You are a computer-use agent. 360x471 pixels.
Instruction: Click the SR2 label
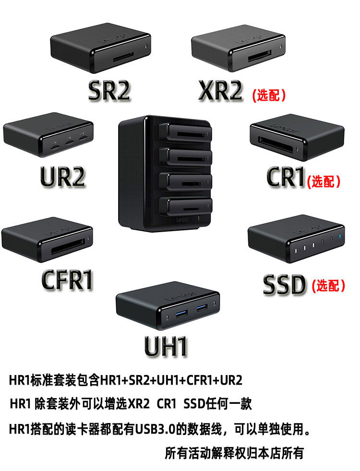(x=109, y=91)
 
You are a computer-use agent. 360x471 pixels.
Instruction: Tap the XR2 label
(x=220, y=91)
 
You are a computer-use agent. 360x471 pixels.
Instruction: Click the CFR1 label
(x=67, y=280)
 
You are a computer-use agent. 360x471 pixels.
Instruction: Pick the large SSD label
(x=284, y=284)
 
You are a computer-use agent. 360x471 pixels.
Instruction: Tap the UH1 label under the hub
(x=166, y=346)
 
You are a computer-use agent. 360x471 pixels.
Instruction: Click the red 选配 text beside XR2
(x=269, y=95)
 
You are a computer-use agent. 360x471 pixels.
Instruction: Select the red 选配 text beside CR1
(x=324, y=181)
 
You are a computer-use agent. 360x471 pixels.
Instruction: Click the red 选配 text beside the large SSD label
(x=328, y=285)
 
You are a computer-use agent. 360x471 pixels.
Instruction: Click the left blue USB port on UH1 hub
(x=181, y=313)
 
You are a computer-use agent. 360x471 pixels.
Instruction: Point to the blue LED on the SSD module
(x=340, y=236)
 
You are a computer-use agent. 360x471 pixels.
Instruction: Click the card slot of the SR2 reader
(x=123, y=57)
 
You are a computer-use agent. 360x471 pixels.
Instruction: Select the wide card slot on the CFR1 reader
(x=68, y=247)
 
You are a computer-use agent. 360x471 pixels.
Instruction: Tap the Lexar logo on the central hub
(x=182, y=220)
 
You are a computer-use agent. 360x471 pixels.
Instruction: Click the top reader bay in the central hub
(x=185, y=132)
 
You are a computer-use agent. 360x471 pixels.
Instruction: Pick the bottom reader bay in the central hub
(x=185, y=206)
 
